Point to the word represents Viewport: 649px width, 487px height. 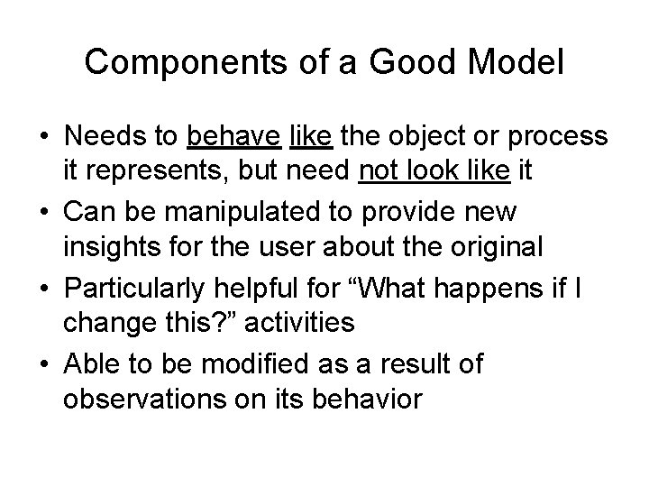tap(155, 172)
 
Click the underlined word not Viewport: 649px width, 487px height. tap(375, 172)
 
